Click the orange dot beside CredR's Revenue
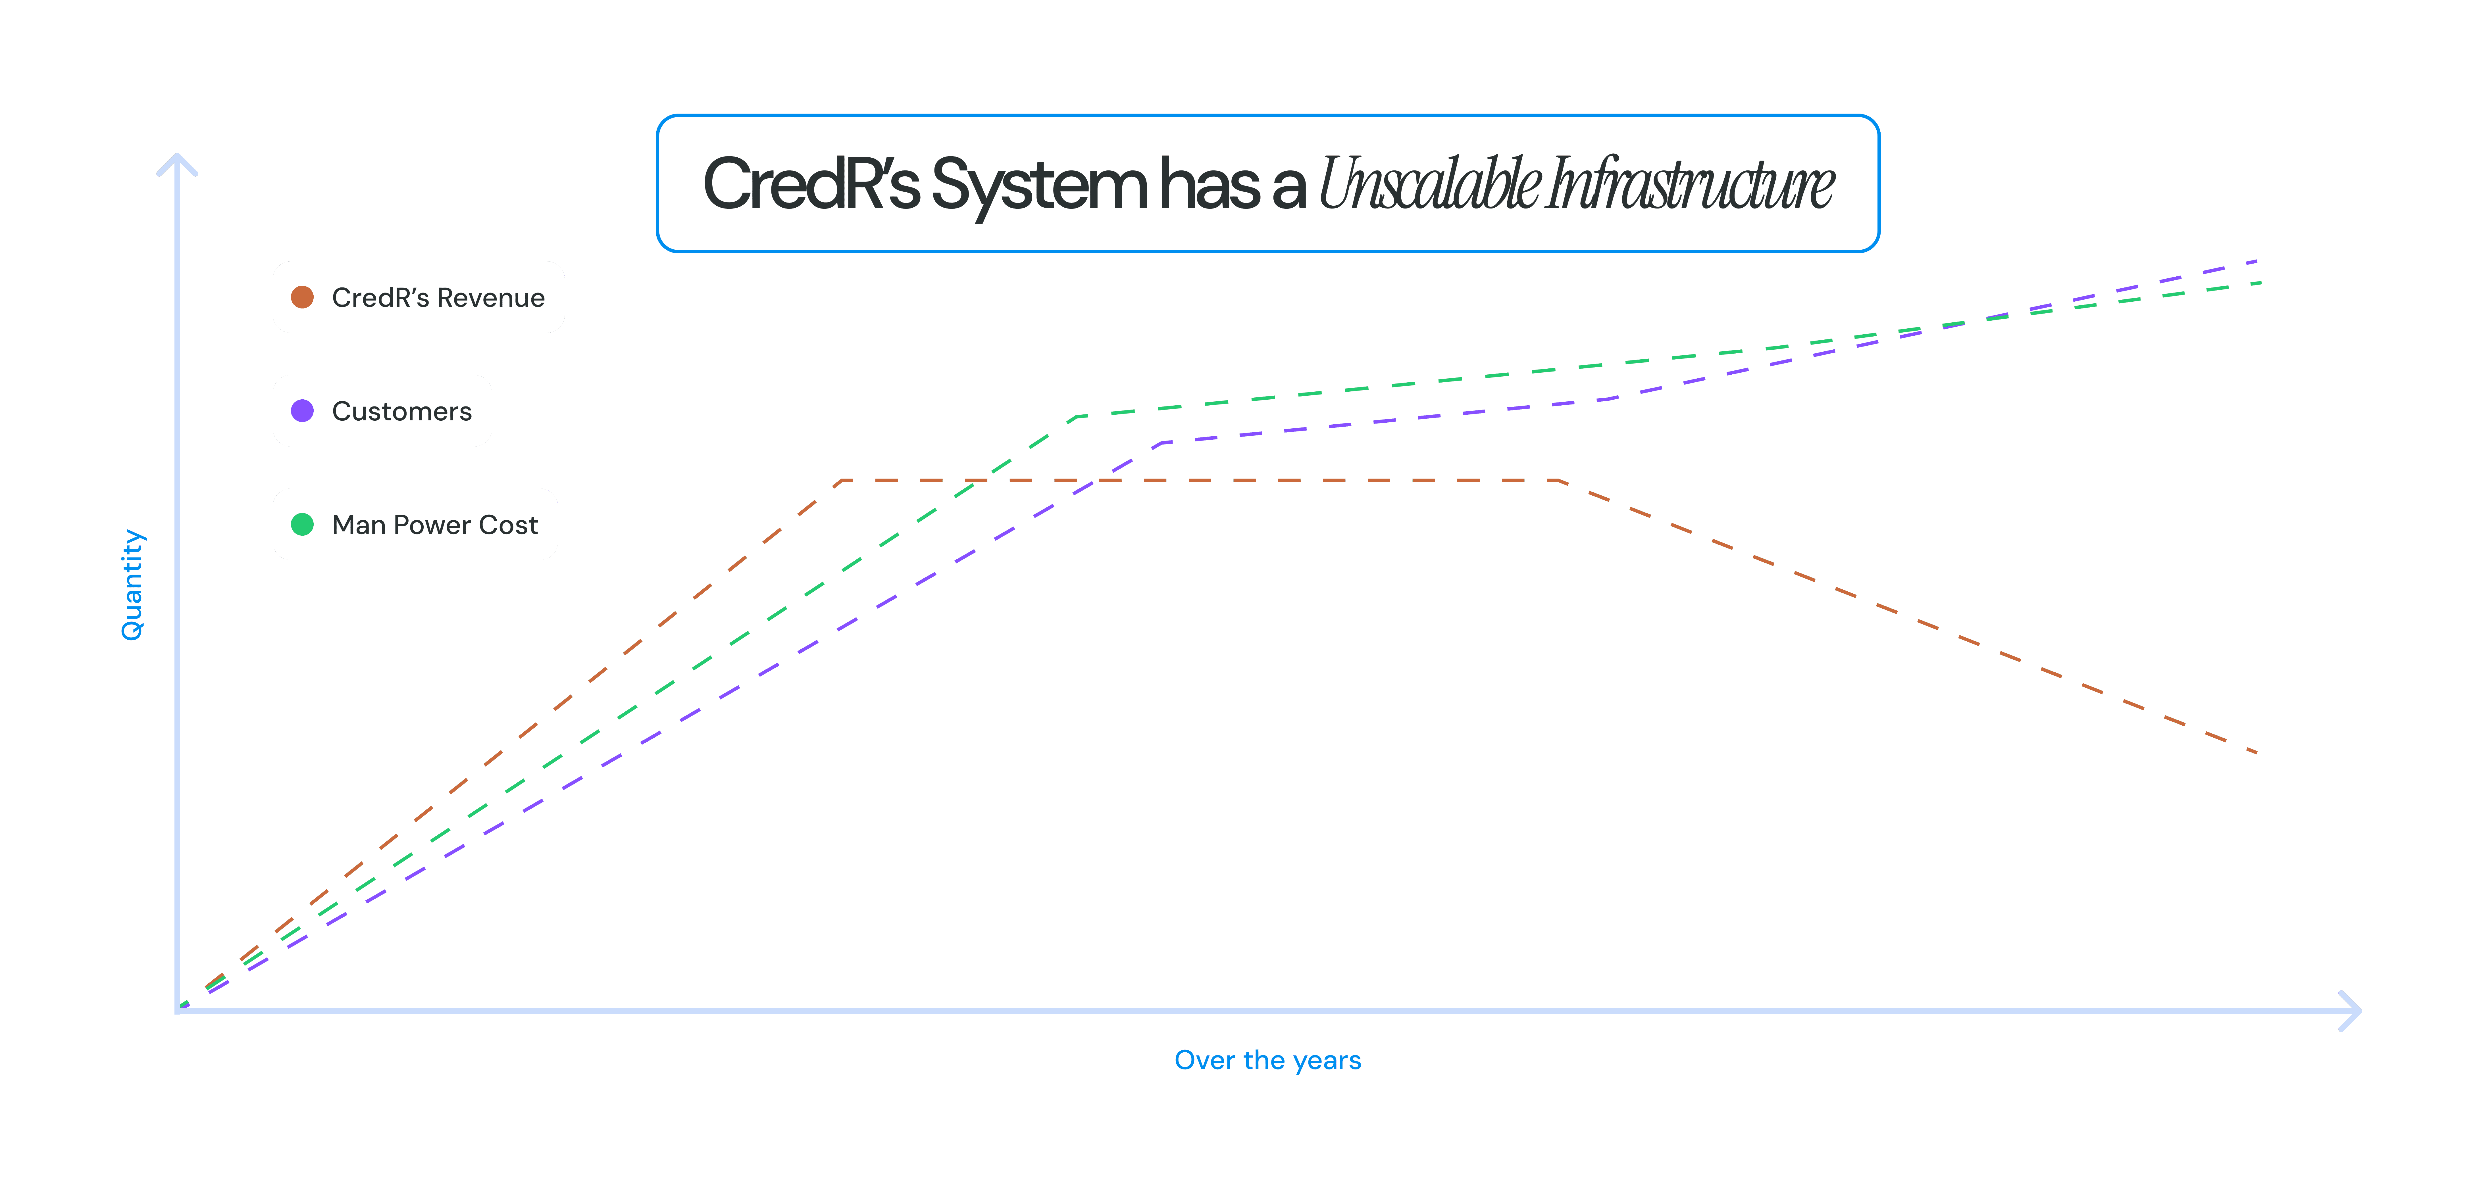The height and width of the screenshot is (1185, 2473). pos(302,297)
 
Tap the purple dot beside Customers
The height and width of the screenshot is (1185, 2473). pos(302,411)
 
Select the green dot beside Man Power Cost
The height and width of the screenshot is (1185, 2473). pos(302,524)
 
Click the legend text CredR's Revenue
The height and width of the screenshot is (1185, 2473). pos(438,297)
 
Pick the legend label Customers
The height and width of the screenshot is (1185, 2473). pos(401,411)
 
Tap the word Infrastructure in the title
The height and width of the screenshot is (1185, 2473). pos(1690,184)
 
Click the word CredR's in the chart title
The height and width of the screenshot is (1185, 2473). pos(811,184)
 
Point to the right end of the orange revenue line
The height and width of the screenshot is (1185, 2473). pos(2256,752)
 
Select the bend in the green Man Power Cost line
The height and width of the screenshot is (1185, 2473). pos(1077,416)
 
